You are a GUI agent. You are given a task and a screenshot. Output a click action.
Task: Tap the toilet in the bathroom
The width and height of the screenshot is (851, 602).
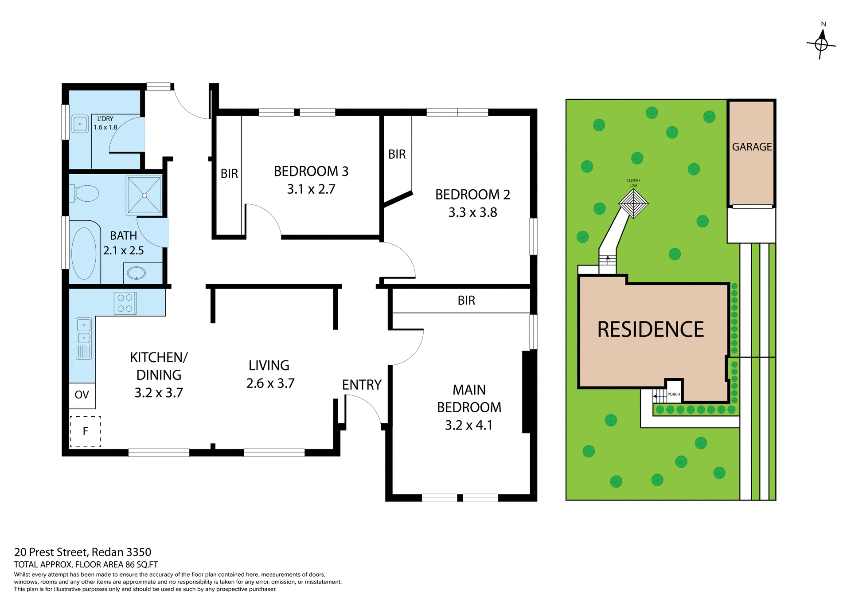86,193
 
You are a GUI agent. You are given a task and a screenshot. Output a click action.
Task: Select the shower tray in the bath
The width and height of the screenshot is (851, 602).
144,195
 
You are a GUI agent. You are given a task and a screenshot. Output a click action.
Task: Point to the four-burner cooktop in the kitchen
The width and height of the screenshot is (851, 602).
125,303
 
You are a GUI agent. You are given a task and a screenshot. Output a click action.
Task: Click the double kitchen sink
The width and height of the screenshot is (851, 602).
84,332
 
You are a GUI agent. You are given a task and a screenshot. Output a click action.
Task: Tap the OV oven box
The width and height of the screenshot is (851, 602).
82,395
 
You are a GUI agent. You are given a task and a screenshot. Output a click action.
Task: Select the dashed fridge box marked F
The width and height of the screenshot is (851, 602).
85,431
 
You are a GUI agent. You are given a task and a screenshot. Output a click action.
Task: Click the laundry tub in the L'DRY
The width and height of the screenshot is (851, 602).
80,124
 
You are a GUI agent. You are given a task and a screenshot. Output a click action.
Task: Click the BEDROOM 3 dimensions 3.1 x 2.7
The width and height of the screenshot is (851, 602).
311,189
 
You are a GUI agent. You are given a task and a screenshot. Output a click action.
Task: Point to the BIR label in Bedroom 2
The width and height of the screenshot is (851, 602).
397,154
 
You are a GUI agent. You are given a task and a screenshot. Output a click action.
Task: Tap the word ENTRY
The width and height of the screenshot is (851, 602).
362,385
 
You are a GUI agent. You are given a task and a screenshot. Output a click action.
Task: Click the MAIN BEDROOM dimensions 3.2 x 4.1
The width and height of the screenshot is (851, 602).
468,425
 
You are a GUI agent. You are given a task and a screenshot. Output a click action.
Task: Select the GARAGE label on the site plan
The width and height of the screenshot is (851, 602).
752,147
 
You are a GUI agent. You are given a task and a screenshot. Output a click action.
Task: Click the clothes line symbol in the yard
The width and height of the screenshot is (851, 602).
633,203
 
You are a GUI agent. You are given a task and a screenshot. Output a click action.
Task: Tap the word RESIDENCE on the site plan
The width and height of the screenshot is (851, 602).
650,329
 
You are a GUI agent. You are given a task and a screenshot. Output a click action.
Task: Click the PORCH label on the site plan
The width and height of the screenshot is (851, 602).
673,394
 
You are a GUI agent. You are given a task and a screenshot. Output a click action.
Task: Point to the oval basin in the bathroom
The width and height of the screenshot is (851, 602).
136,273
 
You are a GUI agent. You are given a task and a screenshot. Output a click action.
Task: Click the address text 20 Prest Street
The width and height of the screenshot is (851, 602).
52,552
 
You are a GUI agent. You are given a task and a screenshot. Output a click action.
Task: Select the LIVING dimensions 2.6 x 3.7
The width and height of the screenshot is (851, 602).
270,383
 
